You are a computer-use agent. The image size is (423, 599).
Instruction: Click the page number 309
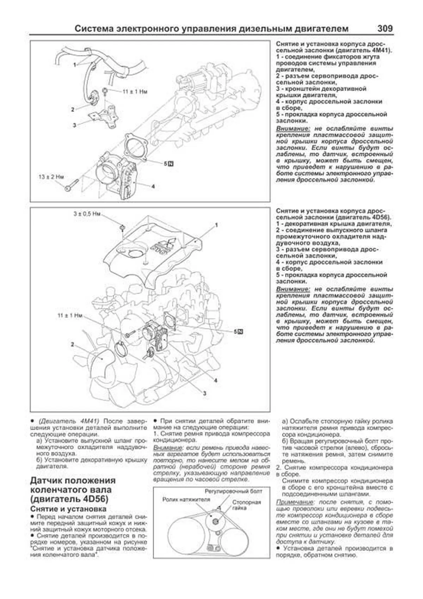385,28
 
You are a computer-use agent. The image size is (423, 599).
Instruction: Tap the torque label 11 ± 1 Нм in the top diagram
135,91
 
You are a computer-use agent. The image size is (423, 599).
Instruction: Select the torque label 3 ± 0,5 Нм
87,214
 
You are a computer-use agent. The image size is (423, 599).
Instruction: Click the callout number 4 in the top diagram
153,186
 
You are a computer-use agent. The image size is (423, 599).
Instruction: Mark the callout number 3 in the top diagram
74,125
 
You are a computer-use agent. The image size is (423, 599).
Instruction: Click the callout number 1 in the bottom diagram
216,225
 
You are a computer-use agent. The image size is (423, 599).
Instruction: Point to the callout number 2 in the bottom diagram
72,344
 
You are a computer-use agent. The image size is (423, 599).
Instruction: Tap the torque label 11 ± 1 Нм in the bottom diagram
70,315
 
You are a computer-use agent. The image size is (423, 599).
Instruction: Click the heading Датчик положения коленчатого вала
73,490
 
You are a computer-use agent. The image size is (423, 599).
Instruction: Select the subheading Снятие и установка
68,509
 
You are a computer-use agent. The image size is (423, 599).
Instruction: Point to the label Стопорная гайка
246,505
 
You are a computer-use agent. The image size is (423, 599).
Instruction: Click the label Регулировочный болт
233,491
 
